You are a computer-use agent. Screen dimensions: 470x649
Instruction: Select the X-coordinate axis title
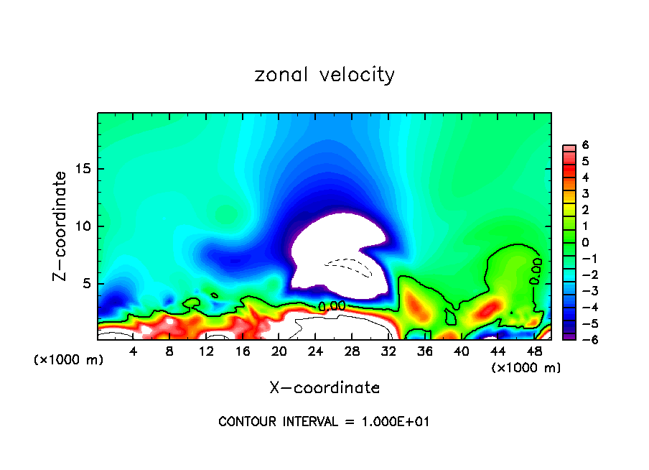(x=324, y=388)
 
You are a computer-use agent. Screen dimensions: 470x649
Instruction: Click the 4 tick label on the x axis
(x=133, y=351)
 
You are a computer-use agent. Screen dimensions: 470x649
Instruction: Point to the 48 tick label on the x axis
(x=533, y=351)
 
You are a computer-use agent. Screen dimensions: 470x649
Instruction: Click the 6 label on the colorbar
(x=585, y=145)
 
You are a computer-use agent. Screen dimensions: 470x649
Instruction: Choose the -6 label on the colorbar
(x=583, y=340)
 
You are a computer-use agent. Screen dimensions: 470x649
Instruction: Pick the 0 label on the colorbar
(x=585, y=242)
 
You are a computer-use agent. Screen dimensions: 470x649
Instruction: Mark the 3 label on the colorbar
(x=585, y=193)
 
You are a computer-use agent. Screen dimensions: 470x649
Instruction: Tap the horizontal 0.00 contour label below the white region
(x=332, y=305)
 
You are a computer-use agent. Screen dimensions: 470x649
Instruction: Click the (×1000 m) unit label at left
(x=69, y=360)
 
